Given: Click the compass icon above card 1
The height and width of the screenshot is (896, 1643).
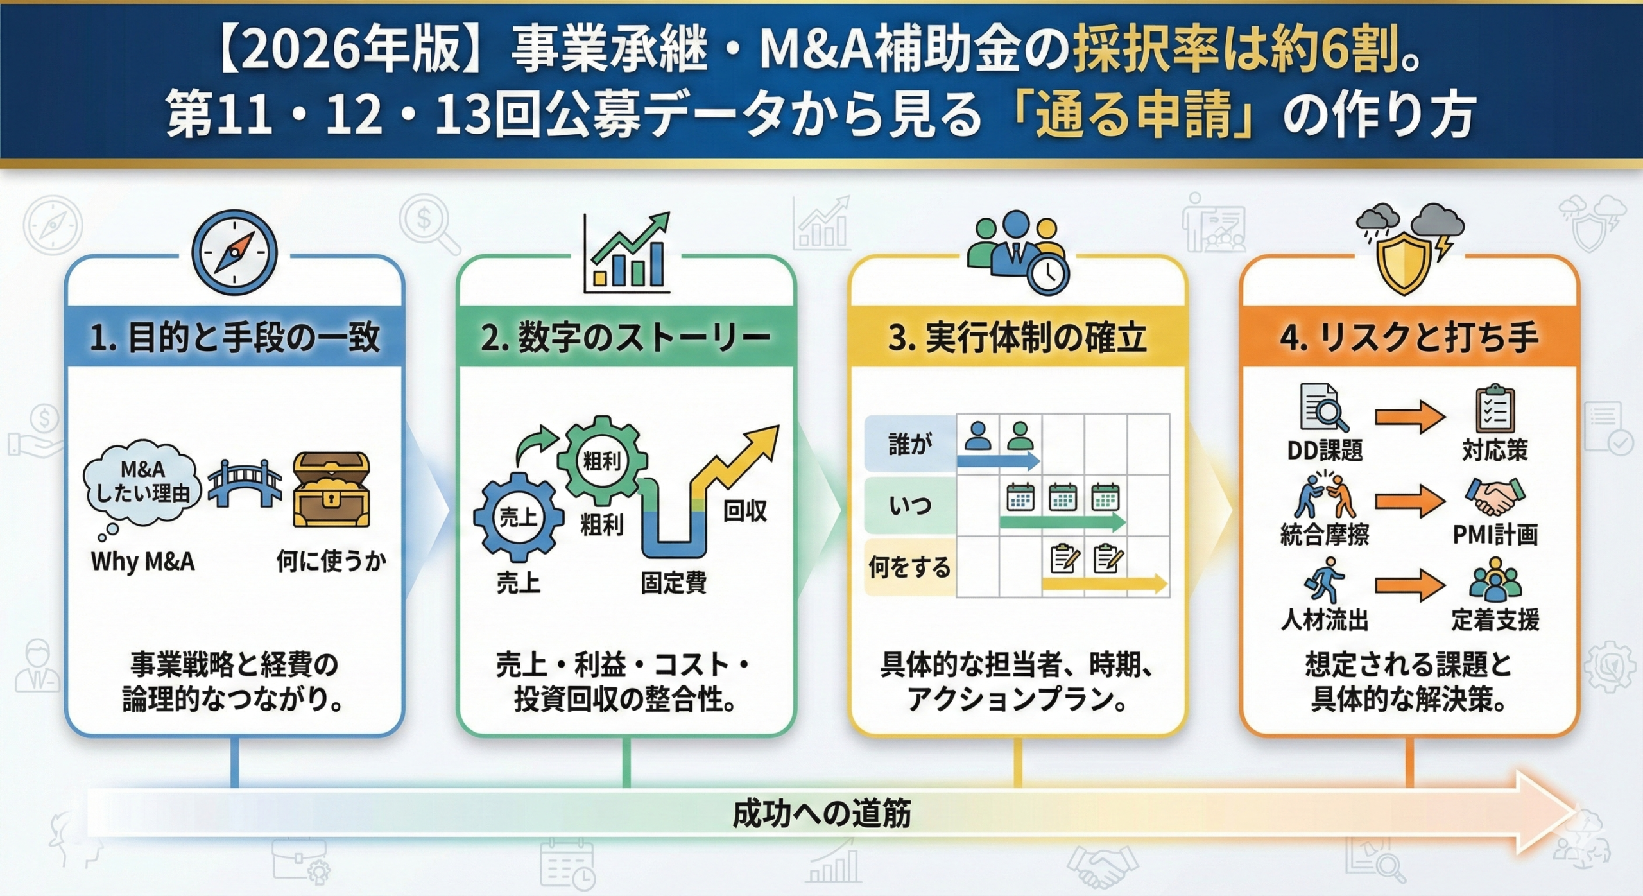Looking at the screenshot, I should (x=234, y=252).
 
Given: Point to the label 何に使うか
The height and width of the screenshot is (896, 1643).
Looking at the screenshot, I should (x=331, y=560).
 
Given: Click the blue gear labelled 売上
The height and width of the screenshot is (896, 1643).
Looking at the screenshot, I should (x=518, y=517).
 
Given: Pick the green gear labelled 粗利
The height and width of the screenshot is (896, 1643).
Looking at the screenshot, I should (x=601, y=460).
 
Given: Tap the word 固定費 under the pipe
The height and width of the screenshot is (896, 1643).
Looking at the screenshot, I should (x=673, y=583).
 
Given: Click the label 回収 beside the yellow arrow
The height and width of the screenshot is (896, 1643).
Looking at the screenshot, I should (x=744, y=511).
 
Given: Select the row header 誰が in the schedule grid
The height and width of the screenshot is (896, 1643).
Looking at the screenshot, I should (x=909, y=444).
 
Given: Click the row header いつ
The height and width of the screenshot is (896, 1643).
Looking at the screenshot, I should (x=909, y=506).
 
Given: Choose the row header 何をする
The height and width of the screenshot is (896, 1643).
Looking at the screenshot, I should (x=909, y=567).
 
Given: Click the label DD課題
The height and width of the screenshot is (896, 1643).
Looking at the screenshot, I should (x=1324, y=451).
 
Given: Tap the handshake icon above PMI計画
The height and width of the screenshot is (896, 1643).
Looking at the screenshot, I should (x=1494, y=496).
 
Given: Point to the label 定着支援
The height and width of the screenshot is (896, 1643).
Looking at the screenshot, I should (x=1495, y=620).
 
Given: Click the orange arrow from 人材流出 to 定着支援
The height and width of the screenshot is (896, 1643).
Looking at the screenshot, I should (x=1409, y=585).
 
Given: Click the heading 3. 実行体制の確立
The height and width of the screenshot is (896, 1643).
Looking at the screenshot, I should (x=1017, y=338).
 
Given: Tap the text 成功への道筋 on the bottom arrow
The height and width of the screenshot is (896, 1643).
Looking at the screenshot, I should (x=821, y=814).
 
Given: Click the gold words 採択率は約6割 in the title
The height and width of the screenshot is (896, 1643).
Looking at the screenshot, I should (x=1235, y=51).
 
